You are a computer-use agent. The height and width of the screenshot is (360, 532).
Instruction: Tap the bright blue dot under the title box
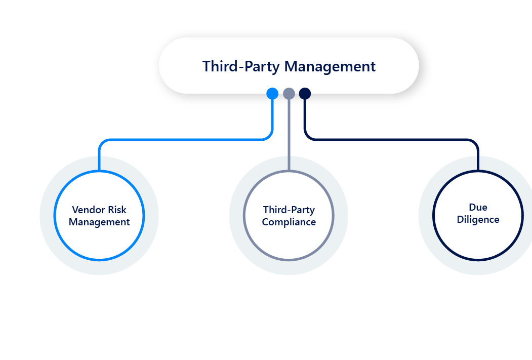click(272, 94)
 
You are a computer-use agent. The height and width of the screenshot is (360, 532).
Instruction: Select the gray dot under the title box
click(289, 94)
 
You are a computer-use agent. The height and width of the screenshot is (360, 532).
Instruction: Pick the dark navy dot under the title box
click(305, 94)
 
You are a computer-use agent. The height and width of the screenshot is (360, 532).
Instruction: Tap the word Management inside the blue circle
click(99, 222)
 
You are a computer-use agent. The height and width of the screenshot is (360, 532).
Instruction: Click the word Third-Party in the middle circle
click(289, 210)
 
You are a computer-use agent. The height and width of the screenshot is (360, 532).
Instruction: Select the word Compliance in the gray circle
click(289, 222)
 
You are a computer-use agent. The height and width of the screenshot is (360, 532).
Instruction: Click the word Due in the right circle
click(478, 207)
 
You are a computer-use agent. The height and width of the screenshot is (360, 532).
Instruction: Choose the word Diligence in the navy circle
click(478, 220)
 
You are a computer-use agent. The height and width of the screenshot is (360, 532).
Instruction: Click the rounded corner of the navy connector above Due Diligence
click(475, 143)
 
